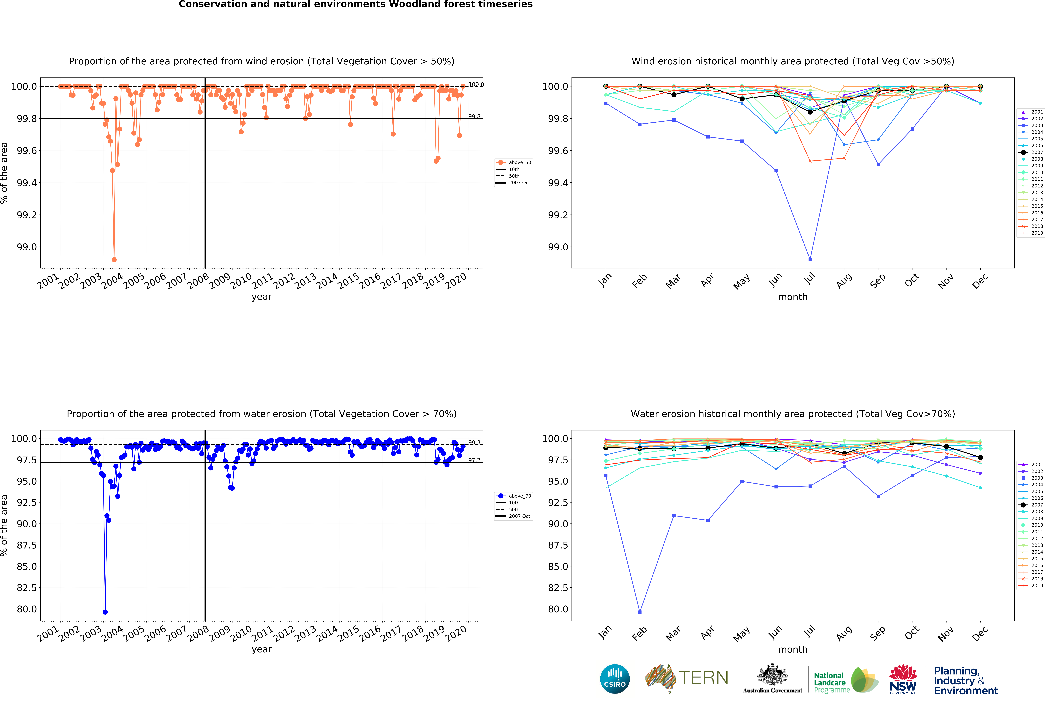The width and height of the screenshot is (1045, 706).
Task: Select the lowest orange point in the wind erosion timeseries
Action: pos(114,259)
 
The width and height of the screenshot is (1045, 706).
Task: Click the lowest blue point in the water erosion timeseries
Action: pos(105,612)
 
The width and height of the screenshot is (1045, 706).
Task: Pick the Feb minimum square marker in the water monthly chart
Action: pos(640,612)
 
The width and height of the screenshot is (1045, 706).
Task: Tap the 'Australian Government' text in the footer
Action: pos(772,690)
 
